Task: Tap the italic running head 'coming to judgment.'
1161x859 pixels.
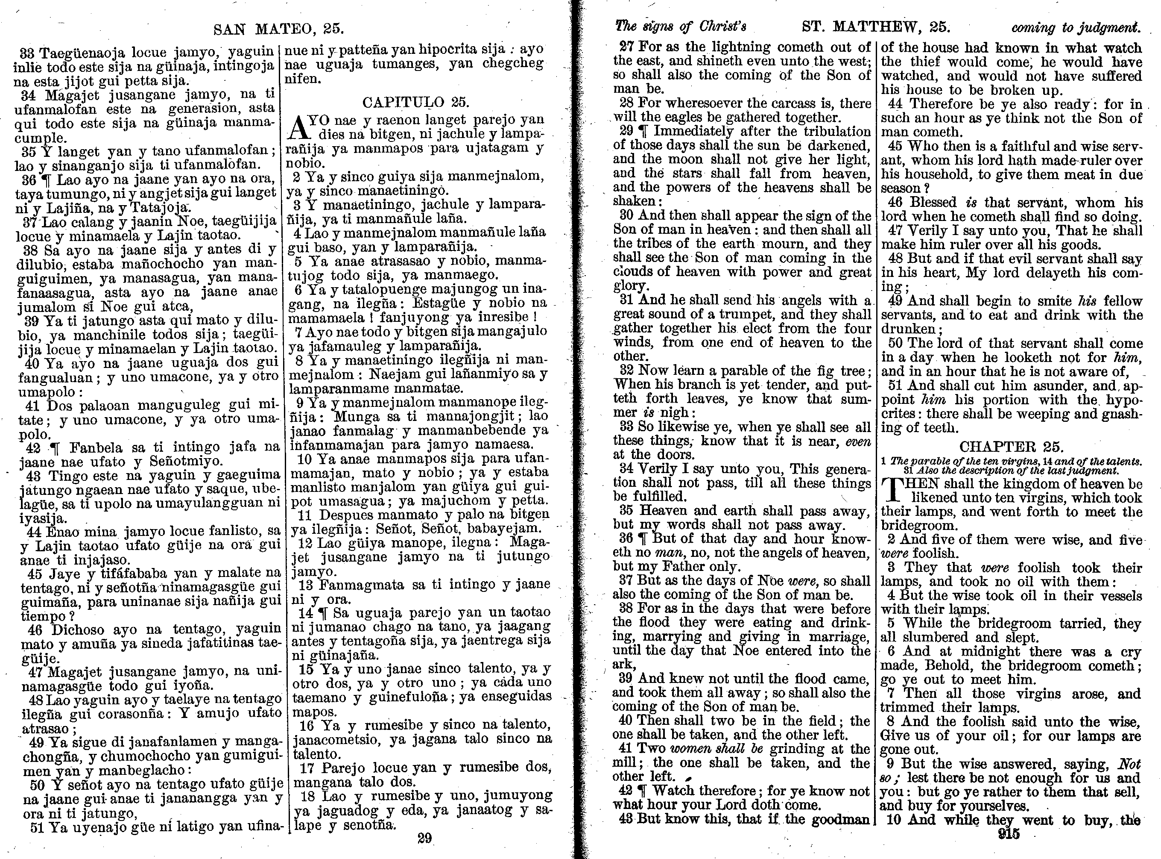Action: (x=1075, y=27)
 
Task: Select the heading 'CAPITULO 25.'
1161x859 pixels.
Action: (x=415, y=101)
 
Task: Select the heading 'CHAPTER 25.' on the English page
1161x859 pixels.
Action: (x=1010, y=447)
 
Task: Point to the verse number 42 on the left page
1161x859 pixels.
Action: (x=33, y=448)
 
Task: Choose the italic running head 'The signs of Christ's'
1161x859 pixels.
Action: (x=681, y=26)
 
